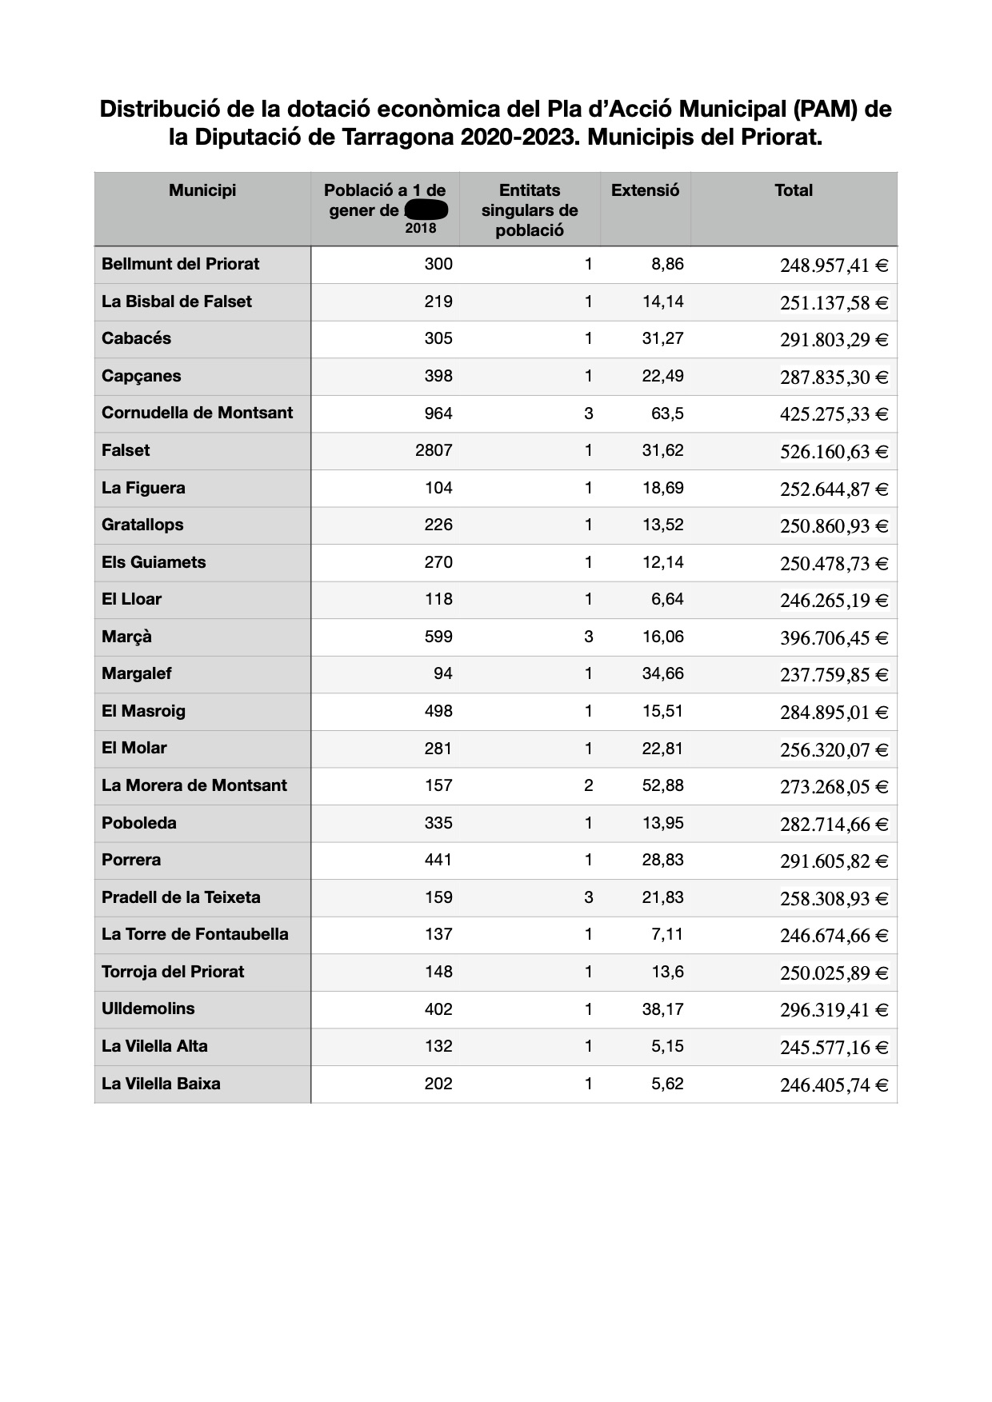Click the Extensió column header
point(645,190)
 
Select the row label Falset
point(126,450)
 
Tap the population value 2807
point(434,450)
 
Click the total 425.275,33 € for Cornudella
point(834,414)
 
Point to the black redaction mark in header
point(426,210)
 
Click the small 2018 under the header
point(421,228)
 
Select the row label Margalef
point(137,673)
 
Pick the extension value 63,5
point(667,413)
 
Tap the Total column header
point(793,190)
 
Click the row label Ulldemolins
point(148,1009)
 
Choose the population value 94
point(442,673)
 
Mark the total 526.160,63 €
point(834,452)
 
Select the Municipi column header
point(202,190)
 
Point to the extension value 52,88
point(662,785)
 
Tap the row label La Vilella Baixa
point(161,1084)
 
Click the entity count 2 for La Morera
point(588,785)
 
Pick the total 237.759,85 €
point(834,675)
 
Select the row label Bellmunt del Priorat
point(181,264)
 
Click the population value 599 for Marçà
point(438,637)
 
